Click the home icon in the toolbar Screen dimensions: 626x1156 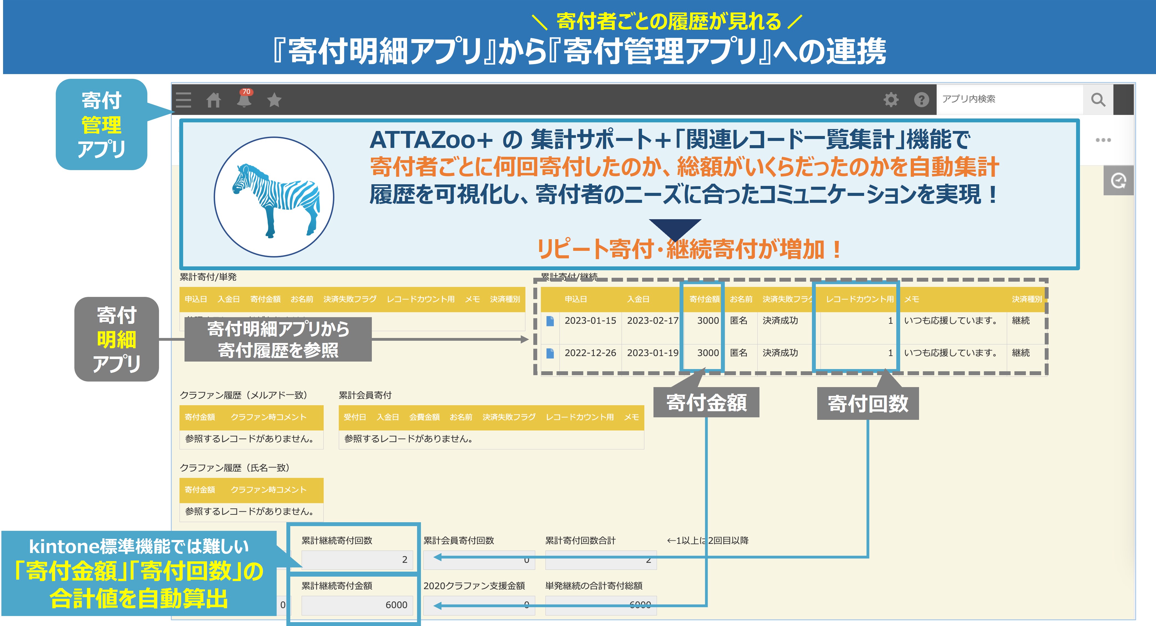click(214, 100)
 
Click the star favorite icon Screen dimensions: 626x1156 click(274, 100)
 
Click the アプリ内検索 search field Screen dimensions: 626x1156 click(1010, 99)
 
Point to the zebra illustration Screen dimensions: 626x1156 click(275, 198)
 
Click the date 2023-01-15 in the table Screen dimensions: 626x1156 click(590, 320)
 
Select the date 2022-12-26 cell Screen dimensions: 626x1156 click(590, 353)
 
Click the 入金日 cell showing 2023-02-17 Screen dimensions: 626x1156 click(652, 320)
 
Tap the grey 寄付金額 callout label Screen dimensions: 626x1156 click(706, 403)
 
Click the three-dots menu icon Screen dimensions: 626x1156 click(1103, 140)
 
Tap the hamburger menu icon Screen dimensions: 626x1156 click(183, 100)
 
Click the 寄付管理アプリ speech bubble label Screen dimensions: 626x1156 click(101, 124)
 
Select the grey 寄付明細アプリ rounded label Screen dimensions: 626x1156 click(117, 339)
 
